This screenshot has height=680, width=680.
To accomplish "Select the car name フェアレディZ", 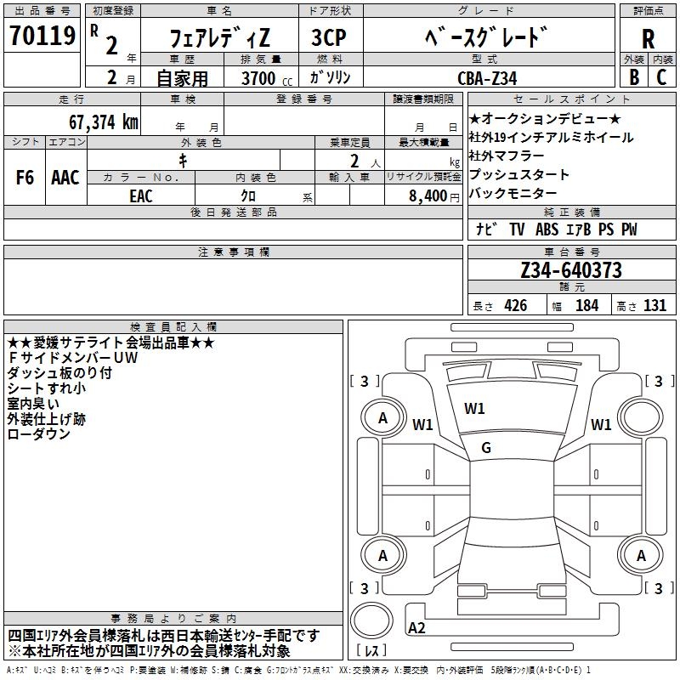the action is point(218,38).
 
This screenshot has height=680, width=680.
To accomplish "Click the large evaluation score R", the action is point(648,39).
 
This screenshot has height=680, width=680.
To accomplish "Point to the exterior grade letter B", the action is point(634,76).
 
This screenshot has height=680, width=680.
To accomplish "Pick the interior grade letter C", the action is point(661,76).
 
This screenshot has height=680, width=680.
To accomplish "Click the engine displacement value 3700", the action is point(257,78).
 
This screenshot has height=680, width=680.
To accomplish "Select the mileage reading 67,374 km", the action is point(100,122).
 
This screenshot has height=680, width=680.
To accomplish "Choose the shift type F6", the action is point(25,177).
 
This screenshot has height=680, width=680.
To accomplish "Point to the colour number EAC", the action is point(141,195).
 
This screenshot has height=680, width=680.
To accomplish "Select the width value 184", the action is point(586,306).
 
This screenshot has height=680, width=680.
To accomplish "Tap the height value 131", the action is point(654,306).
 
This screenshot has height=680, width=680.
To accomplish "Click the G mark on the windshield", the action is point(486,448).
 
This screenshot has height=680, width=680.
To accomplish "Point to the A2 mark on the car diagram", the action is point(417,627).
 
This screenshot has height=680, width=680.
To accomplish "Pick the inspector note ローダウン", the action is point(39,433).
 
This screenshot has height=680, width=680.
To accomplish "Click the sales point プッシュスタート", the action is point(518,175).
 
